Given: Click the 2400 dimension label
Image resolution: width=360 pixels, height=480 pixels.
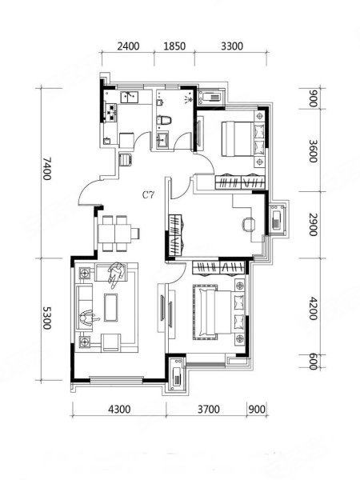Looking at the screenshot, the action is point(128,46).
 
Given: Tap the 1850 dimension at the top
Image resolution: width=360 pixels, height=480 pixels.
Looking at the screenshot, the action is point(174,46).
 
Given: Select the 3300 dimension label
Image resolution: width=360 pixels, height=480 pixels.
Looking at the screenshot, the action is point(232,46).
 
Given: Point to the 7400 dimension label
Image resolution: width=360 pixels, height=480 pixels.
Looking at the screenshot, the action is point(47,169).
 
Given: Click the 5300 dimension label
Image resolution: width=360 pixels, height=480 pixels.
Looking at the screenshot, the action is point(47,318).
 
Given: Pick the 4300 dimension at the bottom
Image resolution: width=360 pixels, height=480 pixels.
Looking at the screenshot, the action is point(119,410).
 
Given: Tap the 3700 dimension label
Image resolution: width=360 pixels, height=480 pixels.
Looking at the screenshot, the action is point(209,410).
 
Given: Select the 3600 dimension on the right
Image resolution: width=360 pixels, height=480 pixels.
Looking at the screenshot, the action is point(313,151).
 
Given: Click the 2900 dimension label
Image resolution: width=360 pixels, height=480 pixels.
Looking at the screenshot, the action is point(313,225).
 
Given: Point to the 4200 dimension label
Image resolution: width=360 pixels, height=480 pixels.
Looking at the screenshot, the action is point(313,308).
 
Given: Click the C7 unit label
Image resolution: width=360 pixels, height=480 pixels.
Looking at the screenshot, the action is point(149,195).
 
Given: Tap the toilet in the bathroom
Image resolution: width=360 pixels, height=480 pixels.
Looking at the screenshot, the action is point(164,120).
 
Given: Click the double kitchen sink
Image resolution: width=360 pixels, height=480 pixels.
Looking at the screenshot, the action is point(130,98).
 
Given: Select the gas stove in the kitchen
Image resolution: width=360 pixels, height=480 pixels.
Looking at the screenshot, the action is point(111,111).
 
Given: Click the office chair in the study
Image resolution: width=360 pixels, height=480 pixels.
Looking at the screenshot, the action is point(249,224).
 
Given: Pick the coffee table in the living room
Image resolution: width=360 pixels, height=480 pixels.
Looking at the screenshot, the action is point(111,308).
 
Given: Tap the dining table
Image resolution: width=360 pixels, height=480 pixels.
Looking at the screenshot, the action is point(114,234).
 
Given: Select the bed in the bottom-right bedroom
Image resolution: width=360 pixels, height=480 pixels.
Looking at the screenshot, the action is point(218,312).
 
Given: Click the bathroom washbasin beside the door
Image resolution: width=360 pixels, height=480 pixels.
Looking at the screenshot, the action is point(162,140).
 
